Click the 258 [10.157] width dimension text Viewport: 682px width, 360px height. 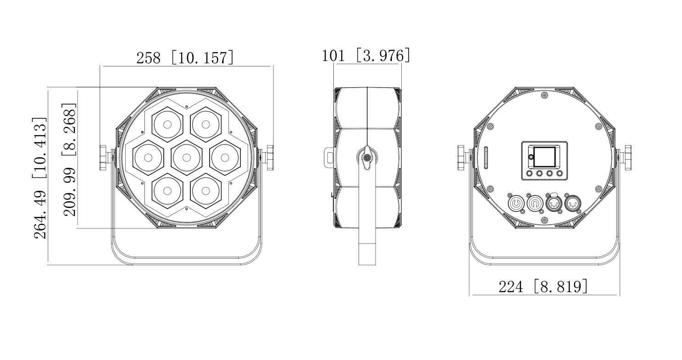click(185, 57)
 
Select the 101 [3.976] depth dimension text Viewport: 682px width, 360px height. click(366, 55)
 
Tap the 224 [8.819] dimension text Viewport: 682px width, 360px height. click(543, 286)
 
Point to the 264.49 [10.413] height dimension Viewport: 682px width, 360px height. click(40, 178)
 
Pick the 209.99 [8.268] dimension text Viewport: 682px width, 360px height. click(69, 160)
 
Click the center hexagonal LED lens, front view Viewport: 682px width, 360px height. click(187, 158)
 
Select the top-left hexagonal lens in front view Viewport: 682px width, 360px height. click(167, 124)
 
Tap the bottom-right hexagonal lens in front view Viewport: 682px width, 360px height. click(206, 191)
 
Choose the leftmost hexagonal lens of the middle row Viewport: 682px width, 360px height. click(148, 158)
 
